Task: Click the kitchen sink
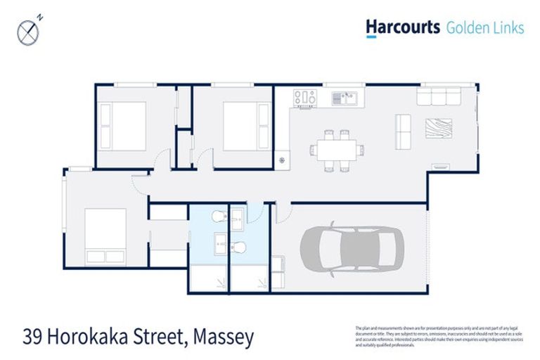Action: [x=345, y=97]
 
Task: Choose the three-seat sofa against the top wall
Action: [x=439, y=95]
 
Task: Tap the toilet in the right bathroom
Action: [x=240, y=247]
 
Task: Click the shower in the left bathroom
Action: [x=209, y=279]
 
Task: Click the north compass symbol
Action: [x=28, y=30]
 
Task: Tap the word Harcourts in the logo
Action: [x=401, y=27]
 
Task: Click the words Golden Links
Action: [x=484, y=27]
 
